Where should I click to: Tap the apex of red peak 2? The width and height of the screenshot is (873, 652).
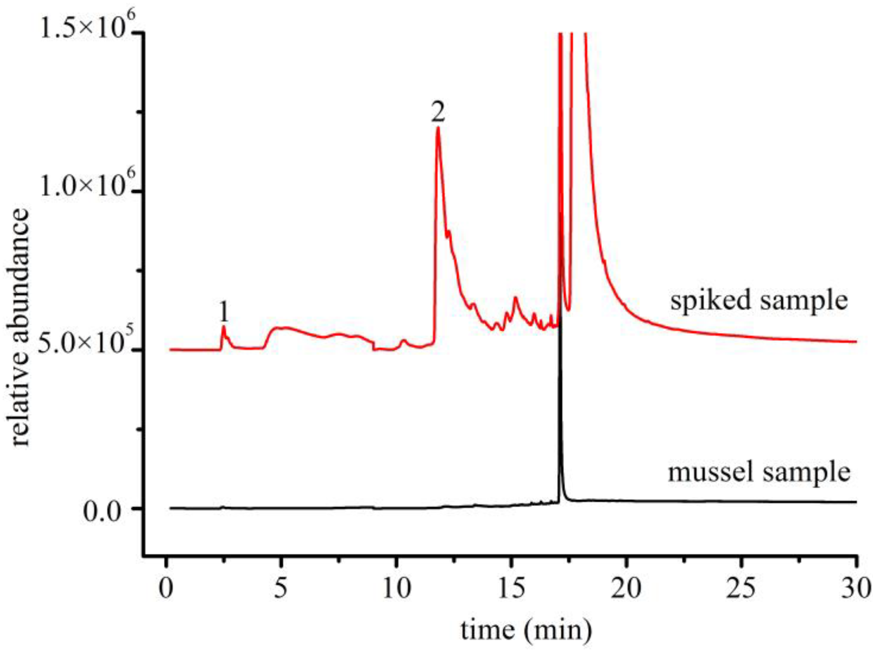tap(438, 127)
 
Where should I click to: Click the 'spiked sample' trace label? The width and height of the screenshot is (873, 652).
tap(759, 301)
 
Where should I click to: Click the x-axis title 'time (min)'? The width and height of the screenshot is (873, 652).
tap(526, 630)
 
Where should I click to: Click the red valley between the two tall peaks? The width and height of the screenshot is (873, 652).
tap(568, 309)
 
